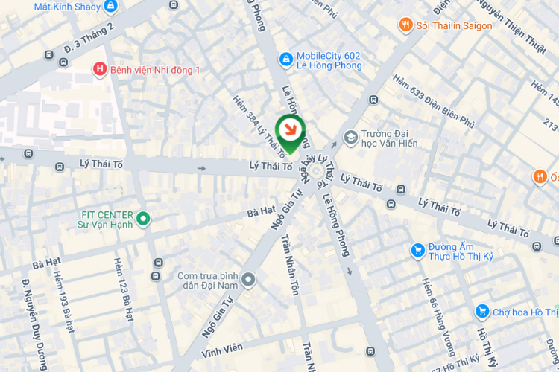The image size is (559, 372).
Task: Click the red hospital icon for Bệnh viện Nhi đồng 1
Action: click(99, 69)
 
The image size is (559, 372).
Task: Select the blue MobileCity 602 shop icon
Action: click(285, 59)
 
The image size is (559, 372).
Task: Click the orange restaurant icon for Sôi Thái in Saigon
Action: click(405, 25)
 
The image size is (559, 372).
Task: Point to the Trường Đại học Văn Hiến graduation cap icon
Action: click(350, 137)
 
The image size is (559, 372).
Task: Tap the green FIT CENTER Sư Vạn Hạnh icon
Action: click(143, 219)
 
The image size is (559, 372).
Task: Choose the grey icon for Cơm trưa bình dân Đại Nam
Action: click(248, 280)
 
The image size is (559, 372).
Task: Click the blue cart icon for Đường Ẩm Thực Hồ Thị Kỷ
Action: click(417, 250)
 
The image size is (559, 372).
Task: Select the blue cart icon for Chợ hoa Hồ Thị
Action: click(482, 311)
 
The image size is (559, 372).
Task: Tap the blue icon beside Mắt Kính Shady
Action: click(111, 7)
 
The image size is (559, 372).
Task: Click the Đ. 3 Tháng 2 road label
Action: click(90, 36)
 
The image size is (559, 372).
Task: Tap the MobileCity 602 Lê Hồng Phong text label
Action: click(329, 60)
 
